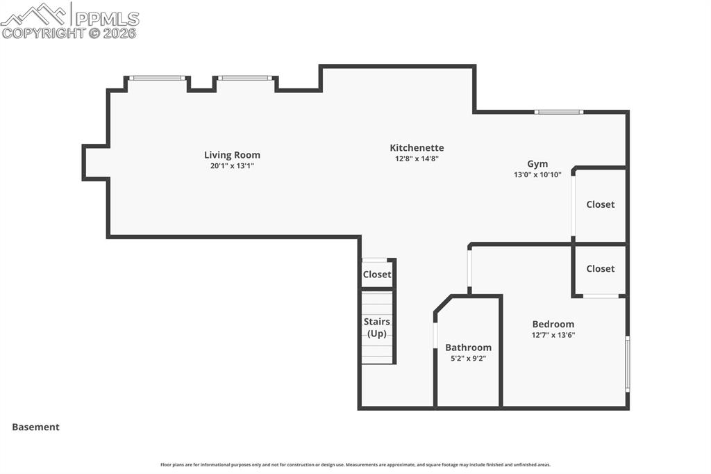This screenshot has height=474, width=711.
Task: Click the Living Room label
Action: pos(232,155)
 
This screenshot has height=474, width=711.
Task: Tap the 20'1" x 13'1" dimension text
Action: pos(232,166)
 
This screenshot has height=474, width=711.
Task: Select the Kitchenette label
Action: pos(417,147)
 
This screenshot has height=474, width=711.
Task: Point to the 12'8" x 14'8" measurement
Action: pos(417,158)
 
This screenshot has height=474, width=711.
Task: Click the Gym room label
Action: pos(537,164)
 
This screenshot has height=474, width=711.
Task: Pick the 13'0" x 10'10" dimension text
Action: pos(537,175)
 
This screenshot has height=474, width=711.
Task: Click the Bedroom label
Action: pos(553,324)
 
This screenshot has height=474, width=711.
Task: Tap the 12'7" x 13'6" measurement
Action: pos(553,335)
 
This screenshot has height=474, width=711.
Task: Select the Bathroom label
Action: pos(468,348)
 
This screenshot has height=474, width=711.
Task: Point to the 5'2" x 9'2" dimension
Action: pos(468,359)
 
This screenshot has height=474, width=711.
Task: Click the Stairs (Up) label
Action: pos(377,327)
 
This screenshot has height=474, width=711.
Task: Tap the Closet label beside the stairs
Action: pos(377,275)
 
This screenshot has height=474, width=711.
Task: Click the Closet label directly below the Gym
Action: pos(601,204)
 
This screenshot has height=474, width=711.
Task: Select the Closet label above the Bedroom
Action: pos(601,268)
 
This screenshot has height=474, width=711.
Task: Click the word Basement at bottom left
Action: pos(35,427)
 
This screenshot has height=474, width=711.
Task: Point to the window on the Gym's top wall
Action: pos(559,111)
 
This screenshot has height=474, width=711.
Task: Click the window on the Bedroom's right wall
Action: pos(628,363)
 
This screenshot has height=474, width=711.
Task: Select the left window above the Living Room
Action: pos(158,78)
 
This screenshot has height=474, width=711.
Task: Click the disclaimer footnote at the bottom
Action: pos(355,465)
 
